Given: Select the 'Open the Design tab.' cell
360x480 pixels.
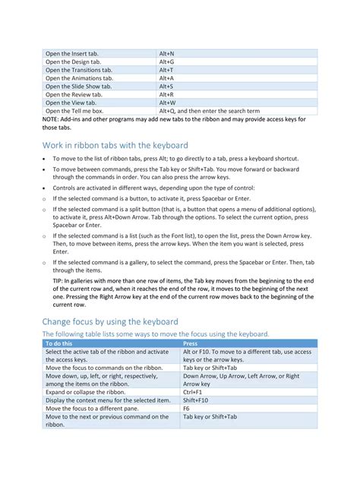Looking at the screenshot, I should (x=72, y=62).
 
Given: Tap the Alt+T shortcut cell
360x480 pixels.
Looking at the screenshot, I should (x=166, y=70).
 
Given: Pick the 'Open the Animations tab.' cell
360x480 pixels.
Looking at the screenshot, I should (x=79, y=78).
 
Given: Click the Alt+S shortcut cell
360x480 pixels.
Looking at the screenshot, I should (x=166, y=87).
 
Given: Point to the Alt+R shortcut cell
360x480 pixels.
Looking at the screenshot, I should (x=166, y=95).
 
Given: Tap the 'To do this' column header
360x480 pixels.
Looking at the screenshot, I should (x=60, y=343).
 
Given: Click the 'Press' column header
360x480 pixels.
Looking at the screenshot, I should (x=191, y=343).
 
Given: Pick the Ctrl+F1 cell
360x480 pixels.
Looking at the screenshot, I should (x=192, y=392).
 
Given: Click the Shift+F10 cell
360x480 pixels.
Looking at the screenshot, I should (x=195, y=400).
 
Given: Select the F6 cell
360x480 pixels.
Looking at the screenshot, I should (x=187, y=409).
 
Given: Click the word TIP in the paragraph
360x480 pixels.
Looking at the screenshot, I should (x=58, y=281).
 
